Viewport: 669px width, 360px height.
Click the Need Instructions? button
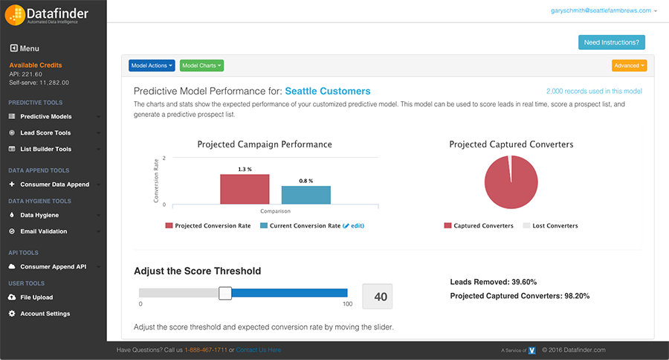point(612,42)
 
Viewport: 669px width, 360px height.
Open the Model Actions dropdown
point(152,65)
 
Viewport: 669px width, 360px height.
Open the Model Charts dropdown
point(201,65)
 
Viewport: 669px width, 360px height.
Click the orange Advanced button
point(629,65)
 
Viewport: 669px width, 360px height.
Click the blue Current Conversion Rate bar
point(306,195)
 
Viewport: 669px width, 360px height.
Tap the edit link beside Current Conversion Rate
point(355,225)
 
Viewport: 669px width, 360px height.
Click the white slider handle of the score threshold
point(225,293)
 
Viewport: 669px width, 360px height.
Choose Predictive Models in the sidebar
point(45,117)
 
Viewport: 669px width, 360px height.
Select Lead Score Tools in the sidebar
point(45,133)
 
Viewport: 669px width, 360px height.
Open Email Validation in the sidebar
point(43,231)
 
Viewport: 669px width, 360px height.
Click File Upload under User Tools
point(36,298)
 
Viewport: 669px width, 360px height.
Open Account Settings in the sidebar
point(45,314)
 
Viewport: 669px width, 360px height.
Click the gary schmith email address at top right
point(601,10)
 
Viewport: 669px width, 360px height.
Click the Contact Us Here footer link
point(259,350)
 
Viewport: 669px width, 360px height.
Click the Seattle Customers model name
point(328,91)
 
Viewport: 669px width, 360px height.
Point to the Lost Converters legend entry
point(550,225)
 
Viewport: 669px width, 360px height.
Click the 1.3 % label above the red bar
point(245,169)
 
